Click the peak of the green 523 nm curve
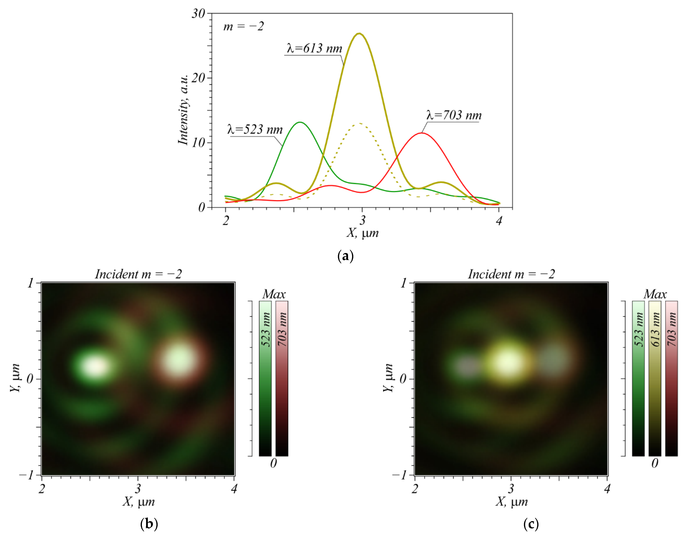coord(300,122)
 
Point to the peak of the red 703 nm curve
coord(421,133)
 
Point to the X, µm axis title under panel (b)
coord(138,502)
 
